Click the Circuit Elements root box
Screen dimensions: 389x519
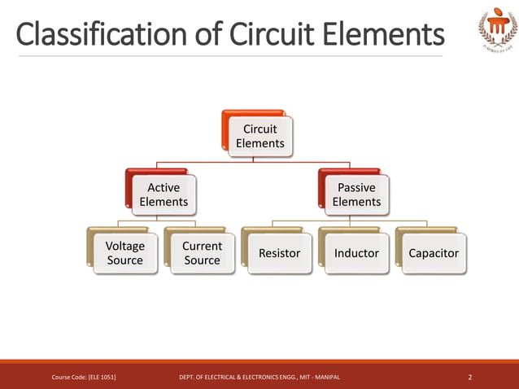click(259, 136)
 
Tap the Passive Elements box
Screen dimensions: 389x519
click(356, 194)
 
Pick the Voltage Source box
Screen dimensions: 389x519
click(124, 253)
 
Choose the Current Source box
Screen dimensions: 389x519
click(202, 253)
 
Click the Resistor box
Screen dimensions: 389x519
click(279, 253)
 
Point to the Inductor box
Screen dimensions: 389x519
click(356, 253)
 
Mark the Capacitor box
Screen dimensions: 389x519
click(434, 253)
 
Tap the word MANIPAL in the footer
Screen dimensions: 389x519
click(325, 377)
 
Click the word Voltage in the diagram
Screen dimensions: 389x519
click(124, 246)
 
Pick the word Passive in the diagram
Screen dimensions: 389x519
click(356, 187)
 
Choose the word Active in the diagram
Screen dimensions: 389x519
click(164, 187)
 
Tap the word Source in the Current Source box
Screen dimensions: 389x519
click(202, 260)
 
